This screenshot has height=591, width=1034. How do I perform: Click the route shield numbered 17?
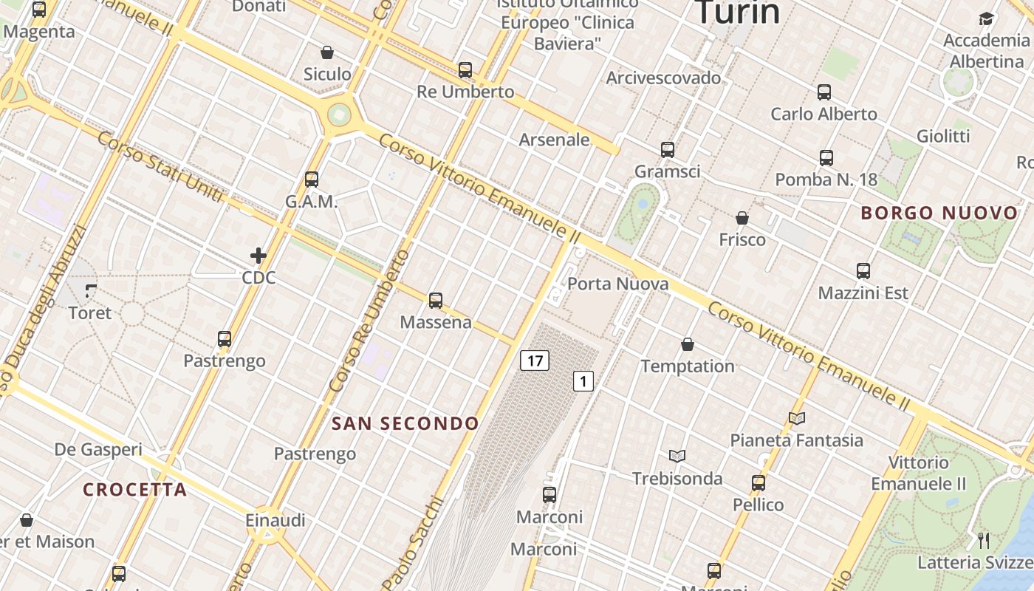[x=535, y=361]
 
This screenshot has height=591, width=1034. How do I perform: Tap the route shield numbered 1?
[x=583, y=381]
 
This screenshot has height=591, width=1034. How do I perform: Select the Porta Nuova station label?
[x=617, y=284]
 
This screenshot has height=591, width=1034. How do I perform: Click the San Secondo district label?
[x=405, y=423]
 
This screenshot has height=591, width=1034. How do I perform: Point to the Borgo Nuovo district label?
[x=939, y=213]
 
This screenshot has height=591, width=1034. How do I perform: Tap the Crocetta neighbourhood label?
[x=134, y=490]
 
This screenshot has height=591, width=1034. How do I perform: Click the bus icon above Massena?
[x=436, y=300]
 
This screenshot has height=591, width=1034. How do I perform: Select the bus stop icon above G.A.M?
[x=312, y=179]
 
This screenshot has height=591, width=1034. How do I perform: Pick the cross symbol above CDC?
[x=258, y=256]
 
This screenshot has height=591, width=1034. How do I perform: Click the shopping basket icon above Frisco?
[x=742, y=218]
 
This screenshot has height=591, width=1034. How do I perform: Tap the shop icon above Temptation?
[x=688, y=344]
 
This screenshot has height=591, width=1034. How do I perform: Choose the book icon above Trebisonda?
[x=677, y=456]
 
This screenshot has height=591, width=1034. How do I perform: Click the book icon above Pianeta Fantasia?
[x=796, y=418]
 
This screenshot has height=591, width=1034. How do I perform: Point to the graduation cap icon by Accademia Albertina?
[x=986, y=18]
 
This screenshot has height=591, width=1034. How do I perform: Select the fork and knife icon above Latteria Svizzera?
[x=983, y=540]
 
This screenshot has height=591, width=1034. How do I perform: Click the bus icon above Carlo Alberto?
[x=824, y=92]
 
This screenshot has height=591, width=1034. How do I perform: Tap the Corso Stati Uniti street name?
[x=160, y=167]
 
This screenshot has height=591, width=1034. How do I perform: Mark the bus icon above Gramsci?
[x=668, y=150]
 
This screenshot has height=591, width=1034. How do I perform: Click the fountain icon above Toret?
[x=91, y=290]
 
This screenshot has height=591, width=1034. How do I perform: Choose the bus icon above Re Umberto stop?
[x=465, y=70]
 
